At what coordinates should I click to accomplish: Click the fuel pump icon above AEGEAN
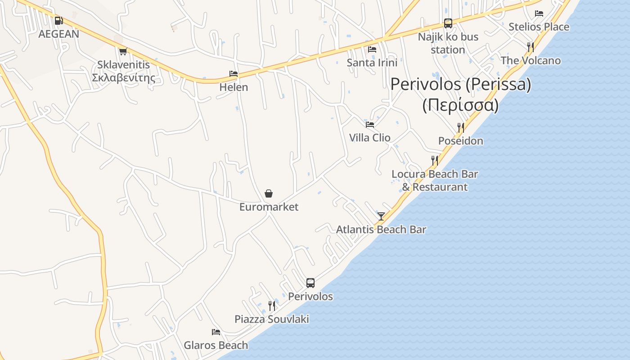coord(58,21)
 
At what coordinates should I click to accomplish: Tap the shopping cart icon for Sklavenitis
coord(123,51)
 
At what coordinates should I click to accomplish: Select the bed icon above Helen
coord(233,74)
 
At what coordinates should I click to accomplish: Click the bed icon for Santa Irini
coord(372,49)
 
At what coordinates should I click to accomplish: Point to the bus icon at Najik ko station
coord(448,23)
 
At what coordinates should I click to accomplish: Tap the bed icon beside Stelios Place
coord(539,13)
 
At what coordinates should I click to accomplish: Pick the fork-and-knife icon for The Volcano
coord(531,47)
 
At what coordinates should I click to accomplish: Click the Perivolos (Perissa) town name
coord(460,84)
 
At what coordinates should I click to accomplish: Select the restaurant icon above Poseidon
coord(460,128)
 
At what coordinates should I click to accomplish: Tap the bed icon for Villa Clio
coord(370,124)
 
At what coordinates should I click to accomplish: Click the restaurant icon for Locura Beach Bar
coord(434,161)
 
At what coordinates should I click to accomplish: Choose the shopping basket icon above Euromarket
coord(269,193)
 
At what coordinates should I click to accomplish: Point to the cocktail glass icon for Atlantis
coord(381,216)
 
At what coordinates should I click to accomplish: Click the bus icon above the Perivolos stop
coord(310,283)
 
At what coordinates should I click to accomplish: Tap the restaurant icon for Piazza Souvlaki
coord(271,306)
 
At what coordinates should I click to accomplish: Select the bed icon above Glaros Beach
coord(216,332)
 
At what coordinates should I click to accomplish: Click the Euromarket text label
coord(269,207)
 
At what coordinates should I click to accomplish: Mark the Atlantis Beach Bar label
coord(381,229)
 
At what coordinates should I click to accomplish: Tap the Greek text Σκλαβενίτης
coord(123,78)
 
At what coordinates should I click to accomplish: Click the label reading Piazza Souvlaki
coord(272,319)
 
